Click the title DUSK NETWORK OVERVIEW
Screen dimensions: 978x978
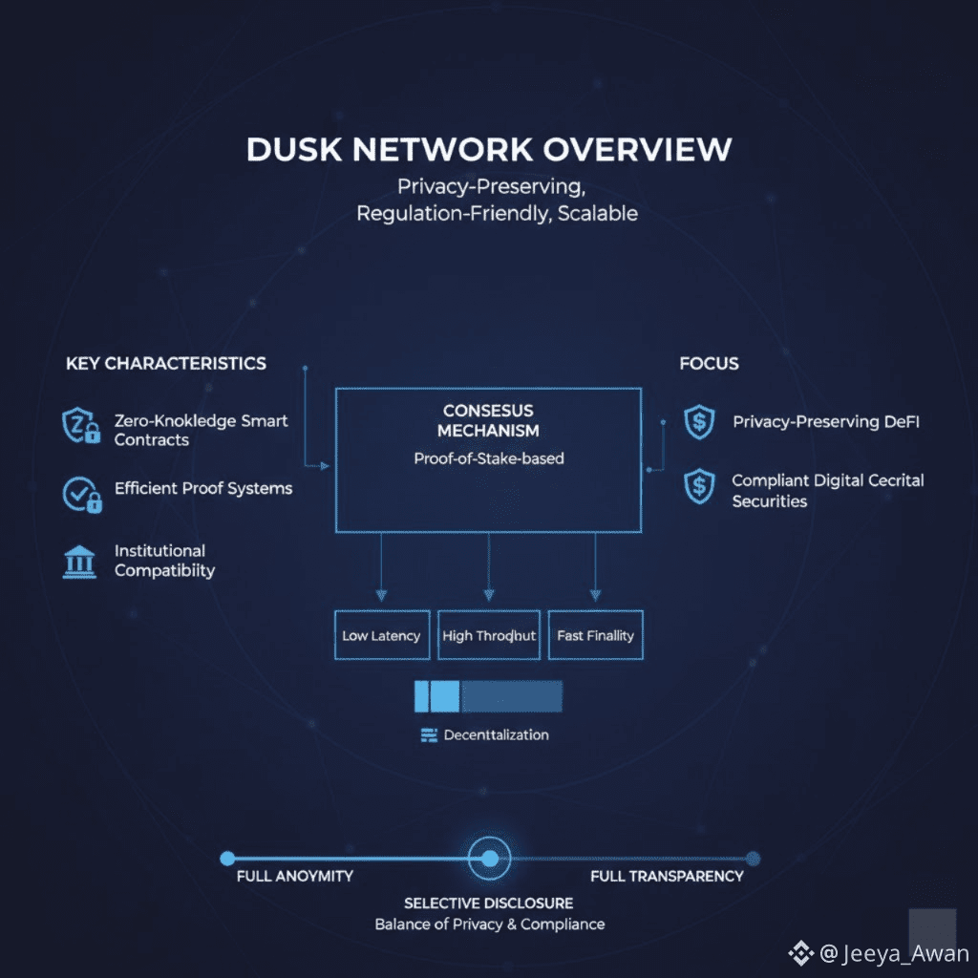click(489, 150)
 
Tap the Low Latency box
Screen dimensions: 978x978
click(381, 635)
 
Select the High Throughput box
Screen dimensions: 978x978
click(489, 635)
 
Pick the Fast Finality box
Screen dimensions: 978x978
click(595, 635)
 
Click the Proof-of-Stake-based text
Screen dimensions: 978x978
click(489, 458)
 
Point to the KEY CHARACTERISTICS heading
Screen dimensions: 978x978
click(166, 363)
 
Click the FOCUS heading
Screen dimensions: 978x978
click(709, 363)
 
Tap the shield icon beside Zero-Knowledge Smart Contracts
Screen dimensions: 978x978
click(80, 425)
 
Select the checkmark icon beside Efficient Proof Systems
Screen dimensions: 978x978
click(80, 493)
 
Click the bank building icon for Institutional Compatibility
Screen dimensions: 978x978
click(79, 561)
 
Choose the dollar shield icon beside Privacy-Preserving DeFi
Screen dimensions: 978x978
click(699, 422)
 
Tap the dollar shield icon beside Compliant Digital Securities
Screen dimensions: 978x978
click(699, 487)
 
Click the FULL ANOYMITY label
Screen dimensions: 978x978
click(294, 876)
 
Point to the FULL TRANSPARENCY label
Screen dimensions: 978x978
click(667, 876)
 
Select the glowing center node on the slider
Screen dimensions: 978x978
click(489, 858)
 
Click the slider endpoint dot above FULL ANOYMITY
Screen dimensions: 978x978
click(227, 859)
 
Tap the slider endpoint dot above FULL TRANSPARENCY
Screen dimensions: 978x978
click(753, 859)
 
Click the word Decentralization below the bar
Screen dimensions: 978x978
click(497, 735)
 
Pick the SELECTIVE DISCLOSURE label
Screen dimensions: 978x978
click(489, 903)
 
